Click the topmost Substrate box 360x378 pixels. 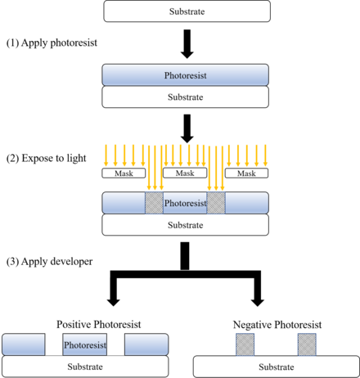(x=187, y=11)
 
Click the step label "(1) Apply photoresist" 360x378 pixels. (x=52, y=43)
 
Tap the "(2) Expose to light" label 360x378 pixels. (x=46, y=158)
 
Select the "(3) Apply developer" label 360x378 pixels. (x=49, y=261)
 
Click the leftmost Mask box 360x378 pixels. (x=124, y=173)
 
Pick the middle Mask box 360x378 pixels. (x=185, y=173)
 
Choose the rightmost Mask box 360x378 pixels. (x=246, y=173)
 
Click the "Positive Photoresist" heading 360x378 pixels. (x=99, y=324)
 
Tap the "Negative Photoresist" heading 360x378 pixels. (x=277, y=325)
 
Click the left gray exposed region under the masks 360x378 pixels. (x=154, y=203)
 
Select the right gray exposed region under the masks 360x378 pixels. (x=216, y=203)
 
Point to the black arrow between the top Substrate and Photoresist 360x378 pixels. (x=187, y=44)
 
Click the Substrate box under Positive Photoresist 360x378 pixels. (x=85, y=367)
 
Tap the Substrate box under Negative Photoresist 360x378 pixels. (x=277, y=367)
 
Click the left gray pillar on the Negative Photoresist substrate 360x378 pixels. (x=245, y=344)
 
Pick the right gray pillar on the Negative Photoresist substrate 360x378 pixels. (x=307, y=344)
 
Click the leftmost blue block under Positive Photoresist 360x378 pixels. (x=24, y=344)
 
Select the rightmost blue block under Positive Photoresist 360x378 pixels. (x=146, y=344)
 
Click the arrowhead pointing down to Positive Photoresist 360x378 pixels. (x=114, y=302)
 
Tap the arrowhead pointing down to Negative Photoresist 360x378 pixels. (x=257, y=302)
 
